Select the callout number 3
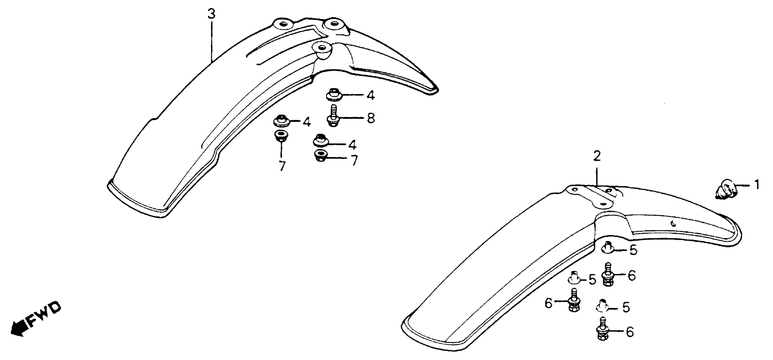[x=212, y=14]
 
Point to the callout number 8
[x=371, y=118]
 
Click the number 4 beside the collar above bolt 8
[x=371, y=96]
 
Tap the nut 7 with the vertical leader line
[x=281, y=136]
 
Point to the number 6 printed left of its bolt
[x=548, y=303]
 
